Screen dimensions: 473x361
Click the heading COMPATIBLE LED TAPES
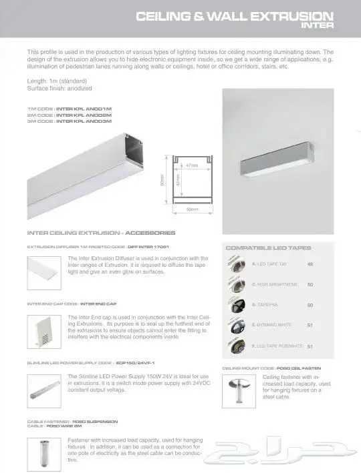coord(269,248)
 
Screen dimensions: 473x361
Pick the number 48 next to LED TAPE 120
coord(310,264)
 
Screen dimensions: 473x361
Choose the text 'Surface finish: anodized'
coord(59,88)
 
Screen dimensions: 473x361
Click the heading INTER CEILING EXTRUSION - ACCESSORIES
coord(101,233)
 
